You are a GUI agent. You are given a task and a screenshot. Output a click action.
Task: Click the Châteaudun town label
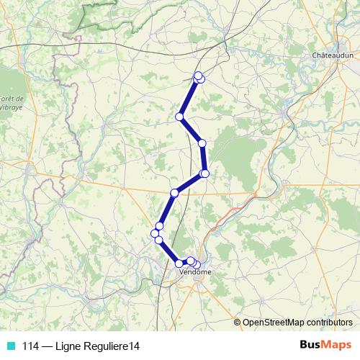(x=333, y=55)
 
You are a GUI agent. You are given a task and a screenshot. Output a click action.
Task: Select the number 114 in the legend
(x=30, y=346)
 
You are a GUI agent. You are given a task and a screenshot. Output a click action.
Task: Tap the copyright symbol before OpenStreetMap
(x=238, y=322)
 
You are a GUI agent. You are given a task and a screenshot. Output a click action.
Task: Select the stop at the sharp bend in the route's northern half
(x=179, y=117)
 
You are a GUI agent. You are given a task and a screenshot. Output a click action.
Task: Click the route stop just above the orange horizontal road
(x=174, y=192)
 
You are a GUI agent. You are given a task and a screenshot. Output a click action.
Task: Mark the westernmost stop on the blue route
(x=155, y=233)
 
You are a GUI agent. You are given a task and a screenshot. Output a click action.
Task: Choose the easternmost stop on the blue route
(x=205, y=174)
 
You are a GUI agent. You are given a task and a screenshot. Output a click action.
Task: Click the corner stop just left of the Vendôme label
(x=179, y=264)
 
